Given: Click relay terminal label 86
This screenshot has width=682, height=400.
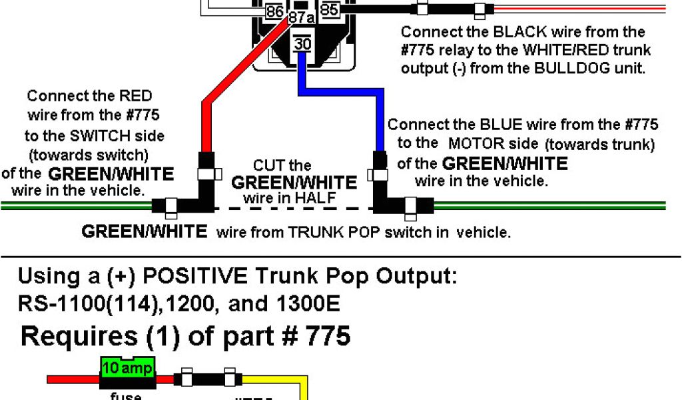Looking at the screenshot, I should point(274,11).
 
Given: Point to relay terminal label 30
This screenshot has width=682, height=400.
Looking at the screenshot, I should point(302,44).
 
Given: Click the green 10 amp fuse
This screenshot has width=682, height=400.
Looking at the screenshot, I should point(127,367).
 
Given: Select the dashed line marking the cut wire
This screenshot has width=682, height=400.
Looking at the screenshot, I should point(294,209).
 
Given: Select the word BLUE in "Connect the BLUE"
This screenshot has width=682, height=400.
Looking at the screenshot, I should point(499,125).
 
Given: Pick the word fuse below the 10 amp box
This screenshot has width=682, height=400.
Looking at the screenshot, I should point(125,395).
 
